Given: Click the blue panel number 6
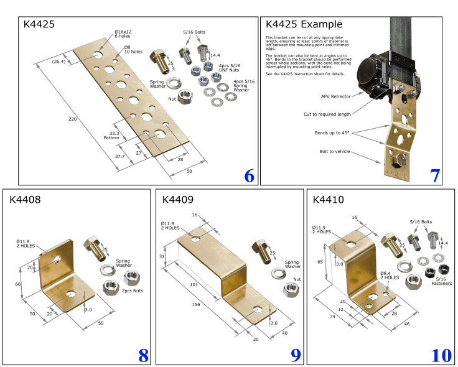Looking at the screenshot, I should (x=249, y=176).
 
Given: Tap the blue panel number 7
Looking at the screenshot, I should (x=435, y=176).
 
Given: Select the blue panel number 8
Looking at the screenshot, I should (x=143, y=355).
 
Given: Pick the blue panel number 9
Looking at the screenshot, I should (x=296, y=355).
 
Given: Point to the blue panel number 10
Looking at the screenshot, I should (x=441, y=355).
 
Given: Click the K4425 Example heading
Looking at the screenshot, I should (x=304, y=25).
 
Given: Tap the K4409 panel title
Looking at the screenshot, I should (x=177, y=200).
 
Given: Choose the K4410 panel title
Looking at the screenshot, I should (x=329, y=200).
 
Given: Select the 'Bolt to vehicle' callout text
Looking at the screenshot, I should (x=335, y=152).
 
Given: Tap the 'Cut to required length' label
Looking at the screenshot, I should (x=326, y=114).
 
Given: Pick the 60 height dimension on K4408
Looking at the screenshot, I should (x=19, y=284).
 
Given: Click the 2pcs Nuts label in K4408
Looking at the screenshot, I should (x=132, y=290).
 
